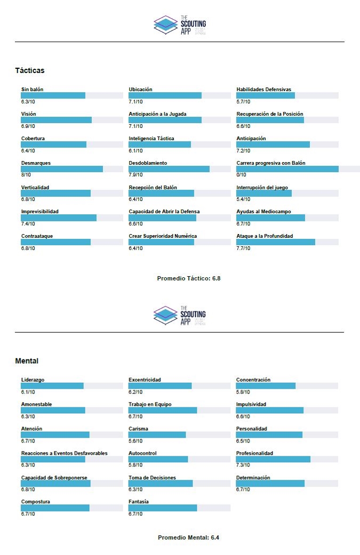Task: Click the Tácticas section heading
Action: pos(30,70)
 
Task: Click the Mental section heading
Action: pos(27,361)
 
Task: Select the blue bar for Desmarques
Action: pos(62,169)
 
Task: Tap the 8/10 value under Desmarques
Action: pos(26,175)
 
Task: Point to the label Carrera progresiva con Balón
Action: pos(271,163)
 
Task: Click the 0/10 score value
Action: pos(242,175)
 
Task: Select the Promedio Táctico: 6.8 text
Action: pos(189,278)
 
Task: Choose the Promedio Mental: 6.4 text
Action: pos(188,537)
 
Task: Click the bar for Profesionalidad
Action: pos(273,459)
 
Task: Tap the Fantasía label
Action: pos(139,502)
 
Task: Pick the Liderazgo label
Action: pos(33,380)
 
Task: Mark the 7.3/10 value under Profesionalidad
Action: pos(243,465)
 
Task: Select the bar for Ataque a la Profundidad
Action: pos(276,242)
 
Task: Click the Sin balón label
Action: pos(32,89)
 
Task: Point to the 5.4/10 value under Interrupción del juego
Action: pos(243,199)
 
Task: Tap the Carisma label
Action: pos(139,429)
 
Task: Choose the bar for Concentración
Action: pos(266,385)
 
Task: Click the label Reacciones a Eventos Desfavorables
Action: pos(64,453)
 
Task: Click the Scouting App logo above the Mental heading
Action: pos(180,316)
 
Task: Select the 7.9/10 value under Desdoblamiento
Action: pos(135,175)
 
